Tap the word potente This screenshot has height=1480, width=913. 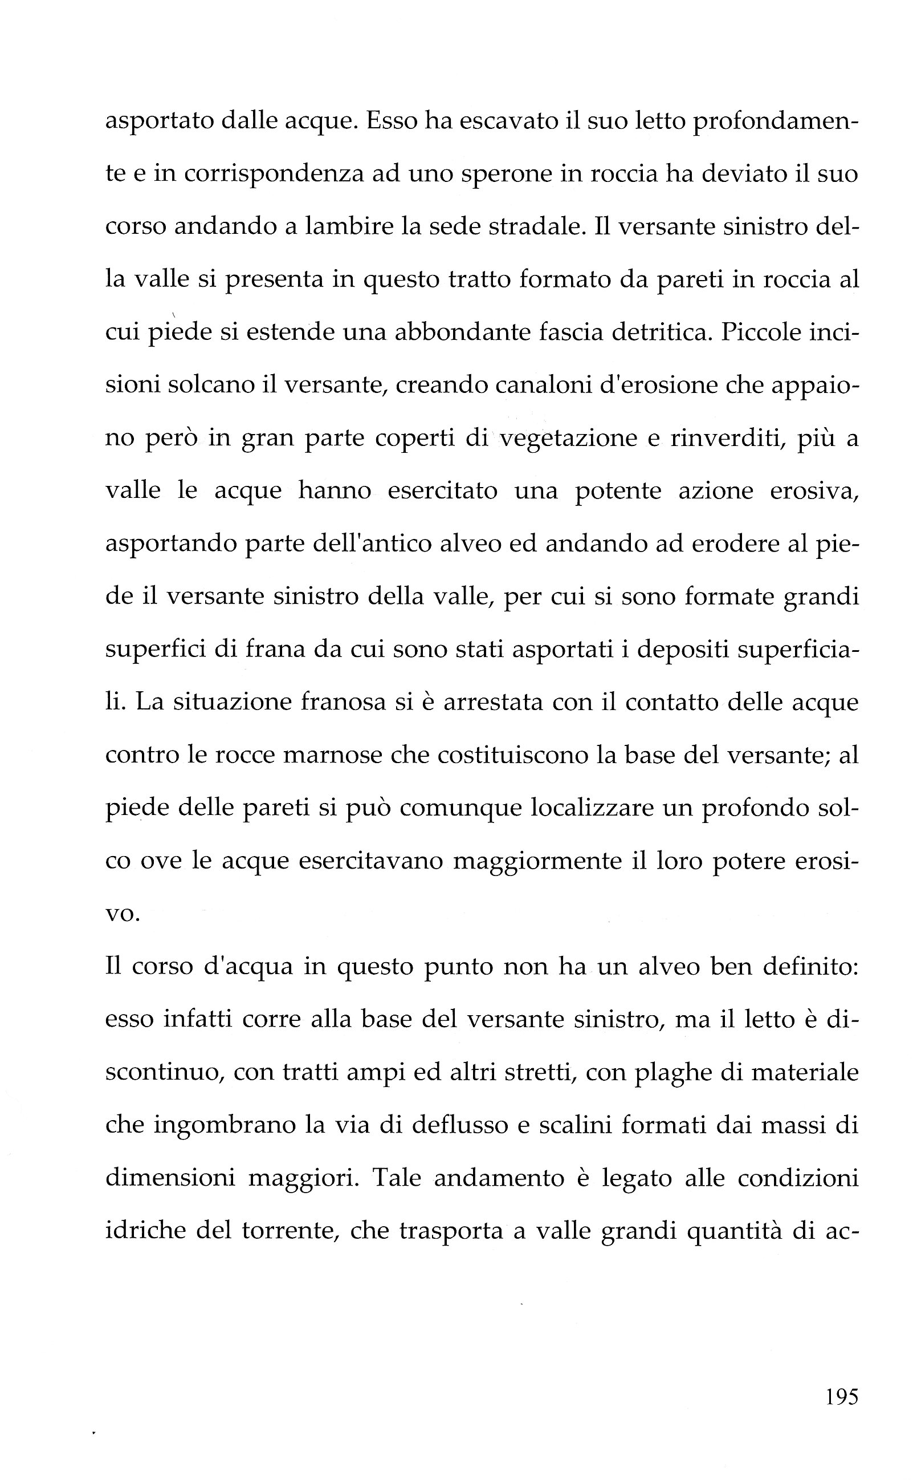pos(618,492)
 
